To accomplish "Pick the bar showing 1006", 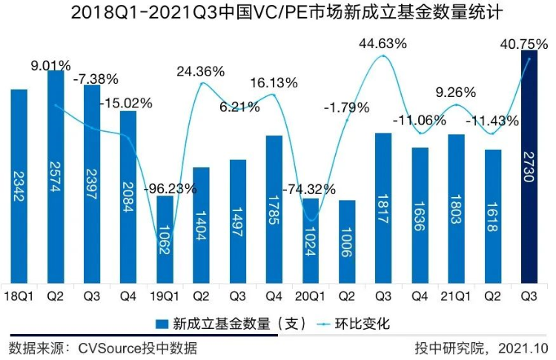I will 346,241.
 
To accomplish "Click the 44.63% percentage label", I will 383,44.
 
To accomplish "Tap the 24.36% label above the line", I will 201,72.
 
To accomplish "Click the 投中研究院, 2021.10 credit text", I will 481,348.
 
